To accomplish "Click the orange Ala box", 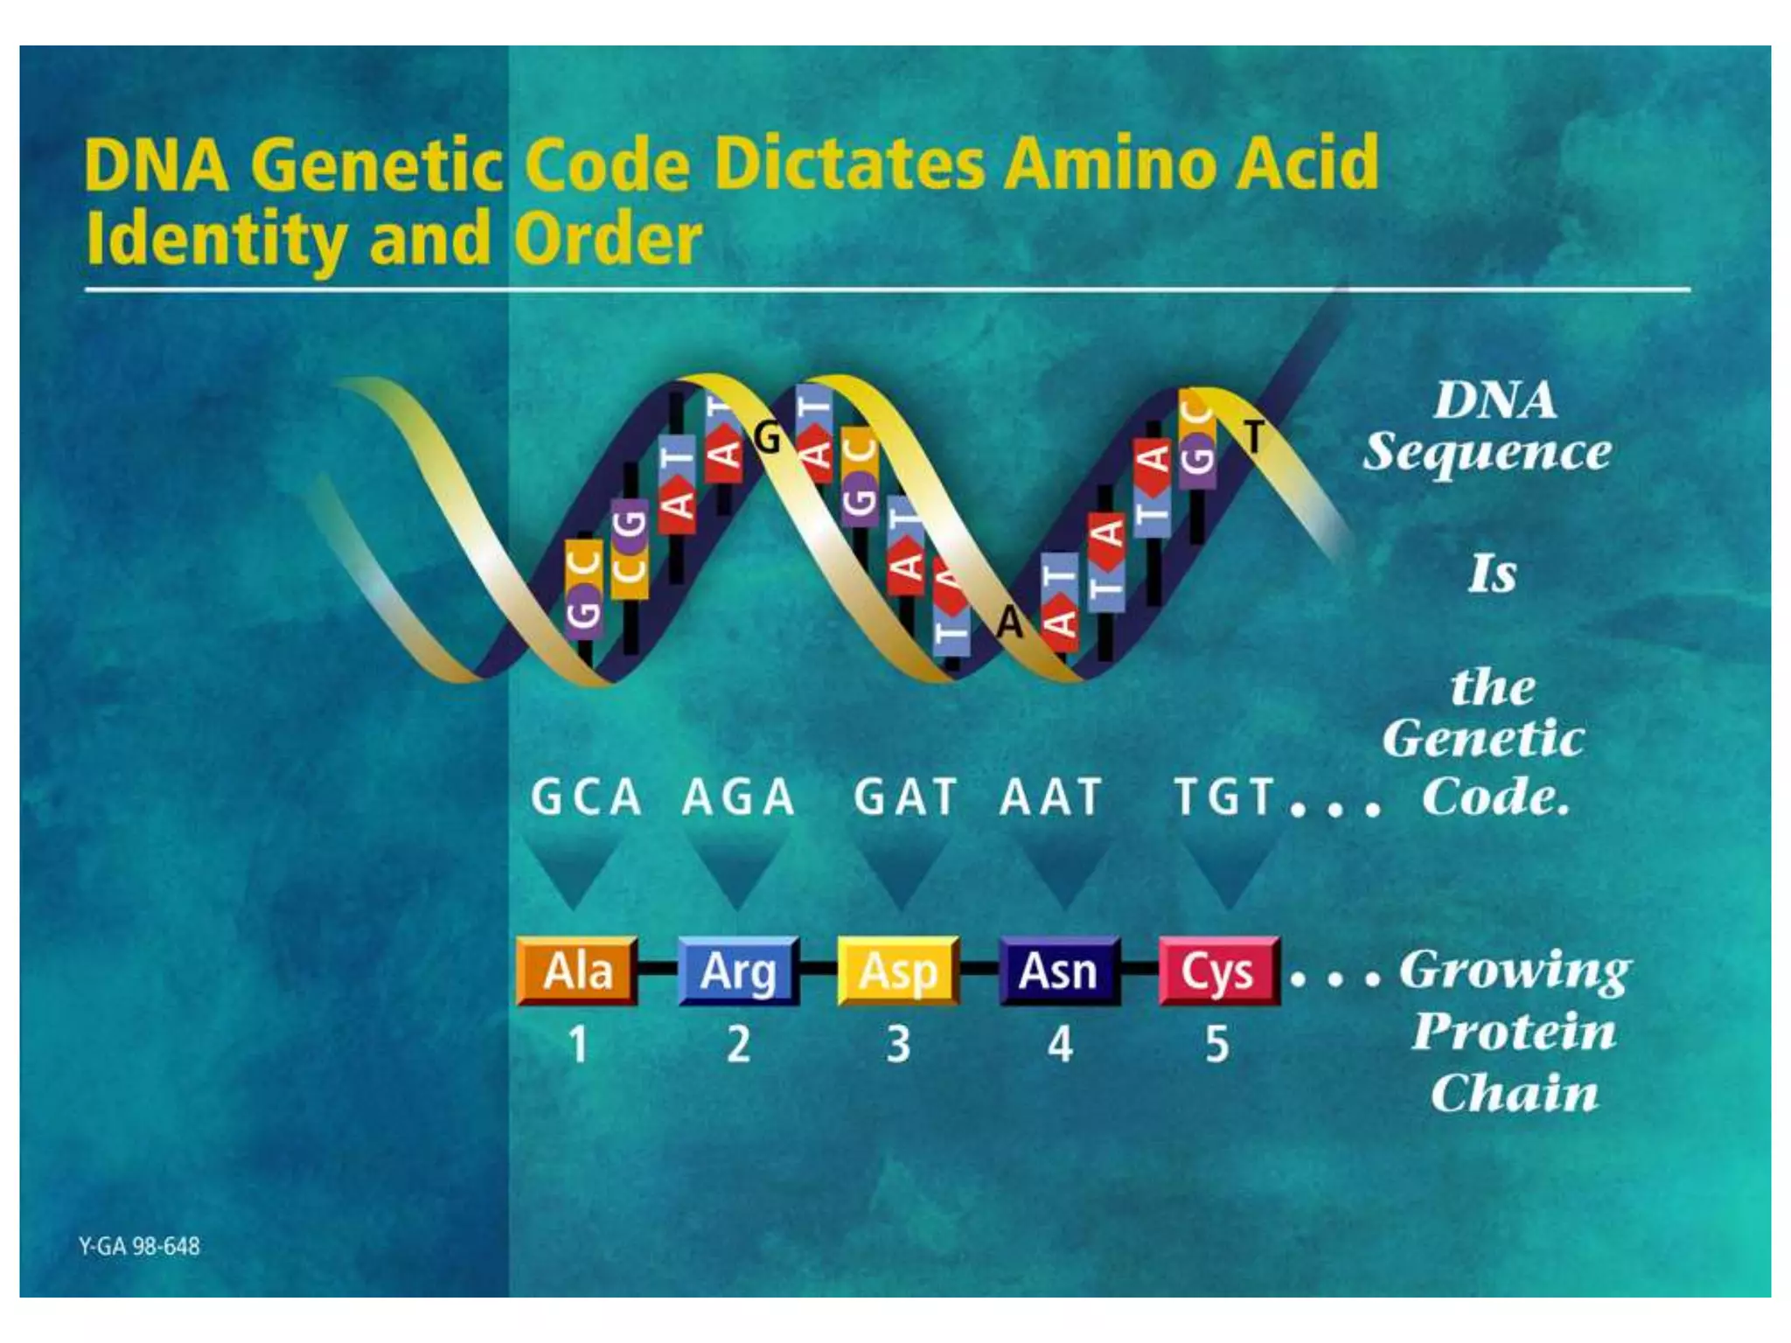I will coord(577,971).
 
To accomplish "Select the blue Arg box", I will coord(738,971).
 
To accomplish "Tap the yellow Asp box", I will coord(898,971).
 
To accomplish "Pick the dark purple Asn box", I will coord(1059,971).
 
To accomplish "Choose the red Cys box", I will coord(1218,971).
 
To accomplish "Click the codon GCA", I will coord(587,797).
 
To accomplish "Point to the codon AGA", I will coord(739,797).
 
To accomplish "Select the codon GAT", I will coord(905,797).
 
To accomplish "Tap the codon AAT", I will coord(1051,797).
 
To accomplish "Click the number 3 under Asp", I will coord(898,1044).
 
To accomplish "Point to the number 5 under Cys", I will coord(1217,1044).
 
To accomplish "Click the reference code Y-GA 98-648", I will coord(140,1246).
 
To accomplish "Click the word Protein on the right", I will coord(1515,1032).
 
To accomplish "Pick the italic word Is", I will coord(1493,574).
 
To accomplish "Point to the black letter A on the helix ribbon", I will coord(1010,623).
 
